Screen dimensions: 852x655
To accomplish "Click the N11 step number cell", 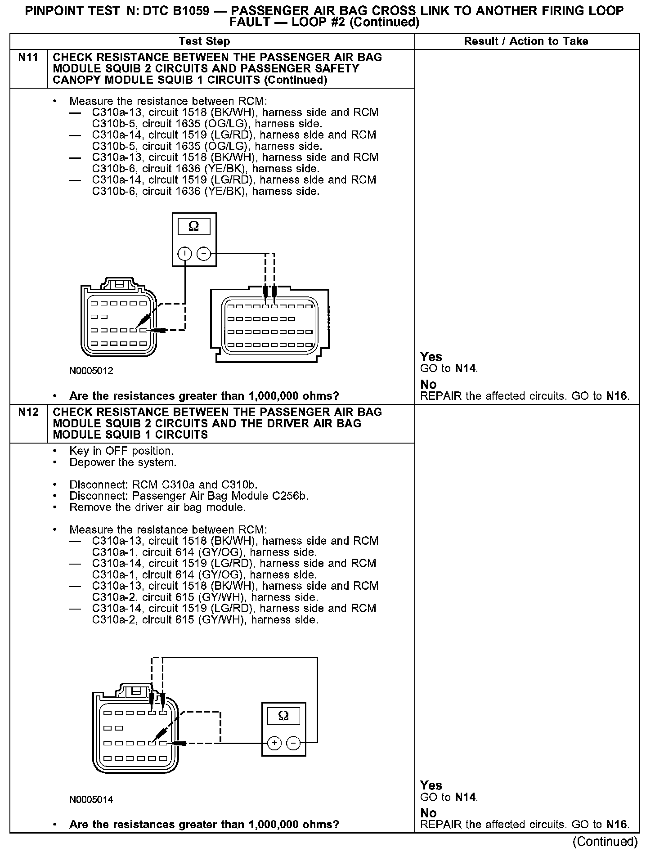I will click(28, 58).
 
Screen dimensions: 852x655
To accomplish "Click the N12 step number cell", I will click(28, 413).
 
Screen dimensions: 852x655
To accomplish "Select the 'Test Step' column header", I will click(204, 41).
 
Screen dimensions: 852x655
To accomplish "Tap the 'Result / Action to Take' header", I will click(526, 41).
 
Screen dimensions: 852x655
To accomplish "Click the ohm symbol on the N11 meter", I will click(194, 226).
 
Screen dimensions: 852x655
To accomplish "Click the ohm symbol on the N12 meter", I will click(283, 716).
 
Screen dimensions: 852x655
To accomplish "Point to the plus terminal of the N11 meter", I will click(184, 254).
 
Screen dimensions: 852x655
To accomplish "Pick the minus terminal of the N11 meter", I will click(204, 254).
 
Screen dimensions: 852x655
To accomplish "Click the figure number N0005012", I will click(91, 371).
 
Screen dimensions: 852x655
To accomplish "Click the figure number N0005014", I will click(91, 799).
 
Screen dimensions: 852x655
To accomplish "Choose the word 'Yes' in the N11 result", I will click(431, 357).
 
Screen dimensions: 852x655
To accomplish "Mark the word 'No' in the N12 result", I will click(428, 813).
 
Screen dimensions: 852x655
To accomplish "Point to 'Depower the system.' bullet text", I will click(123, 462).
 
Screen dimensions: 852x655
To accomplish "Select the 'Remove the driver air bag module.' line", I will click(157, 507).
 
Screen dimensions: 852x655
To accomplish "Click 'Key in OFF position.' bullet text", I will click(121, 451).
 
